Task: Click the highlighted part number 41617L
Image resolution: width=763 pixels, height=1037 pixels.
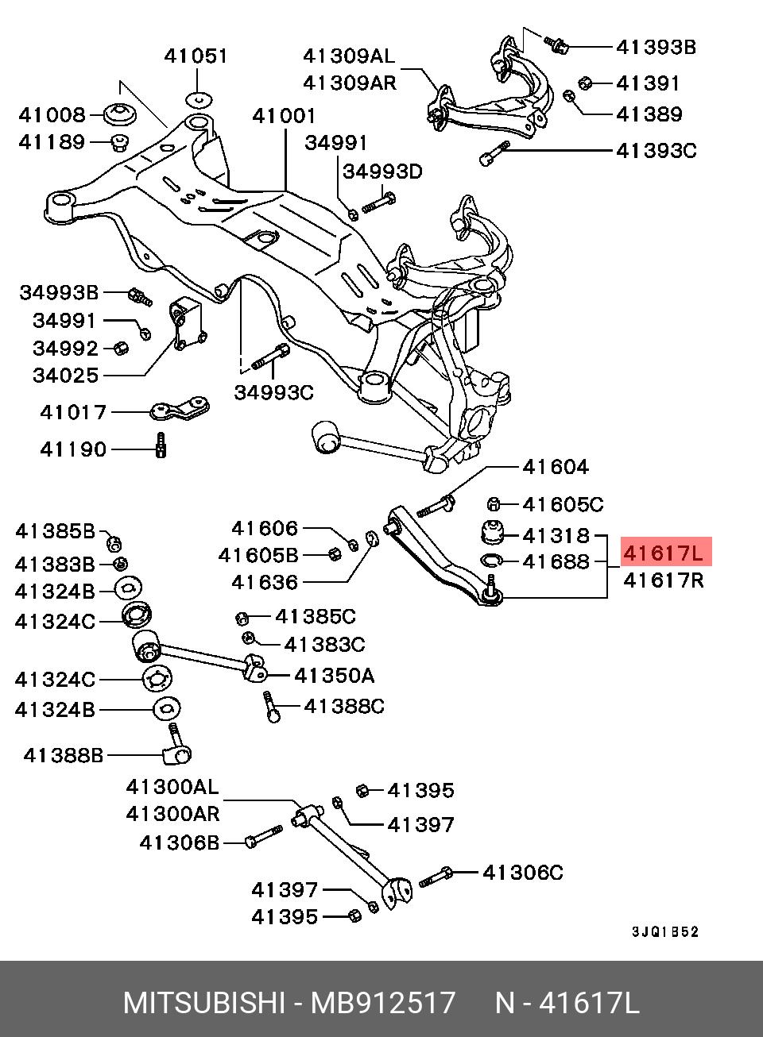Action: coord(664,552)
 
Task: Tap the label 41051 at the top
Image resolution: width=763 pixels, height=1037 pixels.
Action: coord(196,56)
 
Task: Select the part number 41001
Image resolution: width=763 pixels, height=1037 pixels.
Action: coord(284,116)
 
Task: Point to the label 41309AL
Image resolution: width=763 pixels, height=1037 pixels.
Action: coord(348,56)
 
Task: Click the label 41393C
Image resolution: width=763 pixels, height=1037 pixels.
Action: coord(656,150)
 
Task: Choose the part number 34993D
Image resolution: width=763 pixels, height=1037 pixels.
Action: coord(382,172)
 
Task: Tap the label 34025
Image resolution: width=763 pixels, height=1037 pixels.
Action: coord(65,375)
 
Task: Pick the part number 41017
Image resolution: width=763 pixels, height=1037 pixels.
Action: coord(73,412)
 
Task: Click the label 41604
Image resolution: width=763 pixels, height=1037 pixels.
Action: coord(556,467)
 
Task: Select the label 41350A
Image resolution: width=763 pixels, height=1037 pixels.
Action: coord(334,676)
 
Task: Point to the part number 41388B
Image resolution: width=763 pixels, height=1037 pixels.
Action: coord(64,755)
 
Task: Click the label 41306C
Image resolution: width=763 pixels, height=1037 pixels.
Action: coord(523,873)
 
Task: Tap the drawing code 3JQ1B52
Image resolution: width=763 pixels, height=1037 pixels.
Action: coord(665,932)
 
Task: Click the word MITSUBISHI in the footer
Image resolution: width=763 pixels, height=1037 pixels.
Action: coord(203,1003)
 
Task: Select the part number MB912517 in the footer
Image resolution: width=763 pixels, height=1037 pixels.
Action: coord(383,1003)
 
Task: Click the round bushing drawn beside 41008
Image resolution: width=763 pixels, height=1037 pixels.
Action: coord(120,114)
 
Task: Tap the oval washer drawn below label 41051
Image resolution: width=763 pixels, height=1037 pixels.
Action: coord(199,99)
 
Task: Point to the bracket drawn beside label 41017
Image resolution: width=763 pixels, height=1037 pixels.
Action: coord(180,411)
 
